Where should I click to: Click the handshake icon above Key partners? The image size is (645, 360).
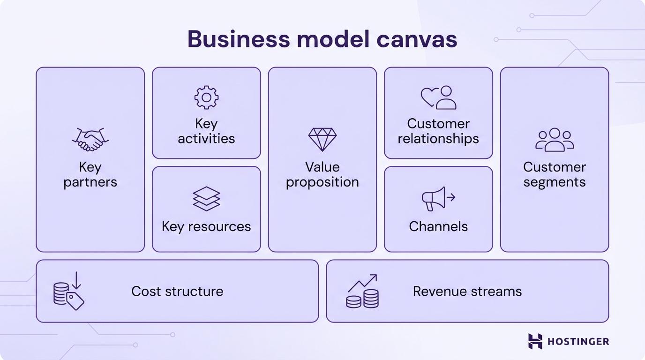pyautogui.click(x=90, y=140)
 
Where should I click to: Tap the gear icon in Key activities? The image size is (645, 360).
pyautogui.click(x=206, y=97)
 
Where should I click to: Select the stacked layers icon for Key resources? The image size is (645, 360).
pyautogui.click(x=206, y=198)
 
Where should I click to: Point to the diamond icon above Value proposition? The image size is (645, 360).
pyautogui.click(x=322, y=139)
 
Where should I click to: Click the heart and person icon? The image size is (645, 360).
pyautogui.click(x=438, y=97)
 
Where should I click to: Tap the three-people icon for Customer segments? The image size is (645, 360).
pyautogui.click(x=555, y=140)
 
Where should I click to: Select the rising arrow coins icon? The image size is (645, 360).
pyautogui.click(x=362, y=292)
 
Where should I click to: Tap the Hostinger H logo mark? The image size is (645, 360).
pyautogui.click(x=535, y=341)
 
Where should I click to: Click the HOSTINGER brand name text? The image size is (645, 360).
pyautogui.click(x=578, y=341)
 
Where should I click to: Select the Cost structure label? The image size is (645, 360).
pyautogui.click(x=177, y=291)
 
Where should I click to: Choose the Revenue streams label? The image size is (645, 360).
pyautogui.click(x=467, y=291)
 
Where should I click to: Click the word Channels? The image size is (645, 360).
pyautogui.click(x=438, y=226)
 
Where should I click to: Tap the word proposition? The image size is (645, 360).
pyautogui.click(x=322, y=182)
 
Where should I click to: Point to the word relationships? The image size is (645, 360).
pyautogui.click(x=438, y=139)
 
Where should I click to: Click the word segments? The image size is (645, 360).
pyautogui.click(x=555, y=182)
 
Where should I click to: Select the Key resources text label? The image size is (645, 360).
pyautogui.click(x=206, y=226)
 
